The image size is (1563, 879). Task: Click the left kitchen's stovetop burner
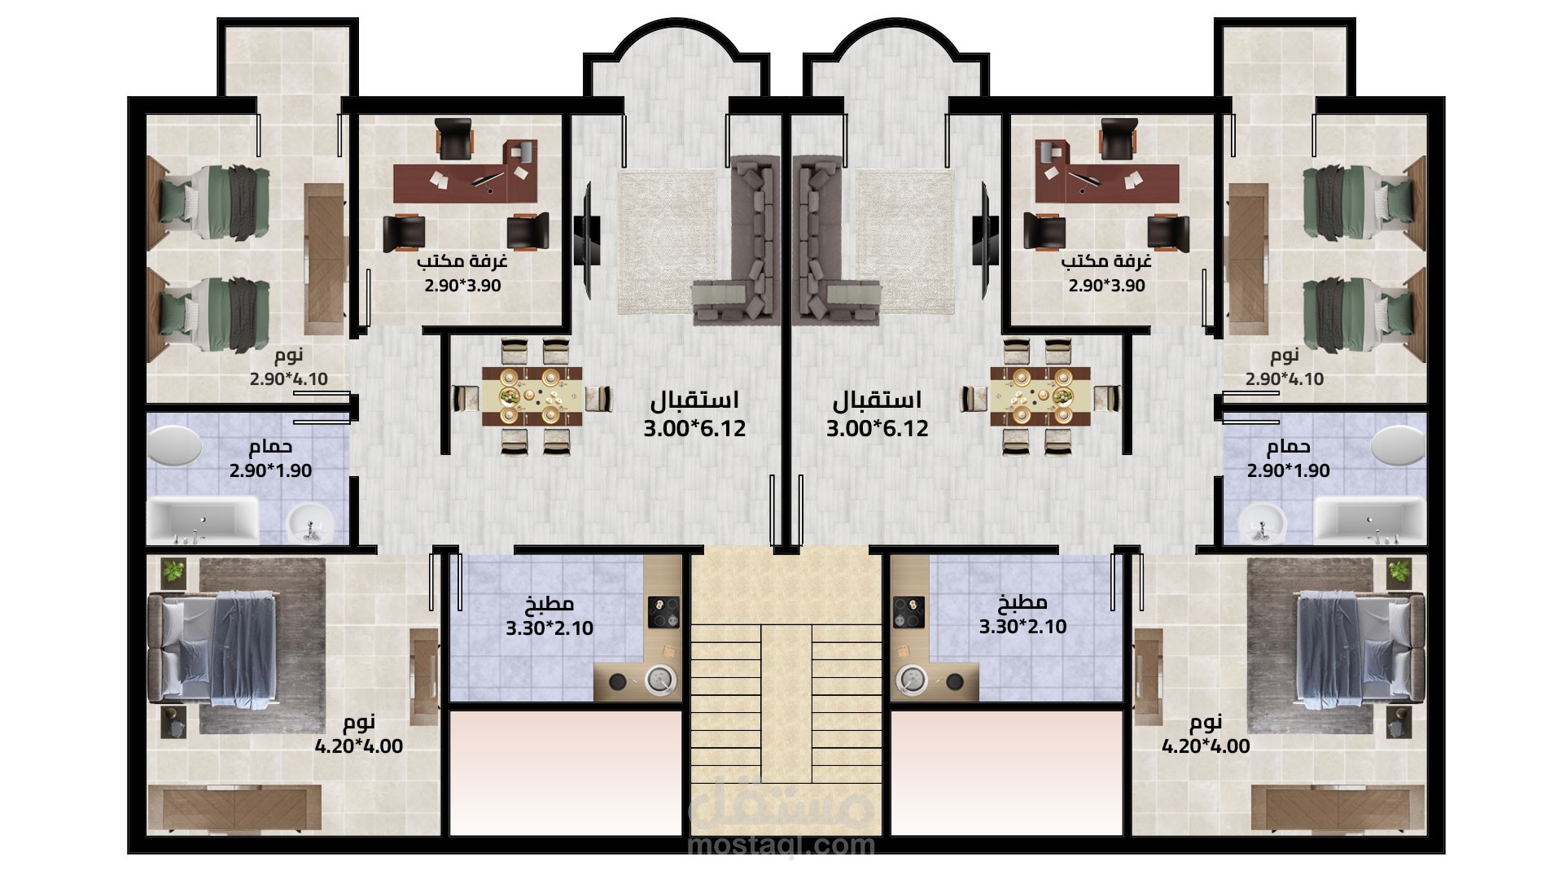tap(663, 612)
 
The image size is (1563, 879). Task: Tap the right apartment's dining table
tap(1040, 396)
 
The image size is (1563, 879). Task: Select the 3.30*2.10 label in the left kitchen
tap(549, 628)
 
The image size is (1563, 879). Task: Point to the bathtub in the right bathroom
tap(1368, 519)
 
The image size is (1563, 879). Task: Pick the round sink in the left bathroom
tap(310, 521)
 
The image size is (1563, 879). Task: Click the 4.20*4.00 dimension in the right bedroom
tap(1206, 746)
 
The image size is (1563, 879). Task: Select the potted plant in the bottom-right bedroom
tap(1399, 571)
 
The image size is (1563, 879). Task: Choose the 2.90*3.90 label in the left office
tap(462, 286)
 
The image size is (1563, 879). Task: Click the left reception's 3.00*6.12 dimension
tap(694, 428)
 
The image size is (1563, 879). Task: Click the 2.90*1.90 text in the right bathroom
tap(1288, 470)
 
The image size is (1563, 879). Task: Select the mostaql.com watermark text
tap(781, 845)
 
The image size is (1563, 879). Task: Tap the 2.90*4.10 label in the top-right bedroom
tap(1285, 379)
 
